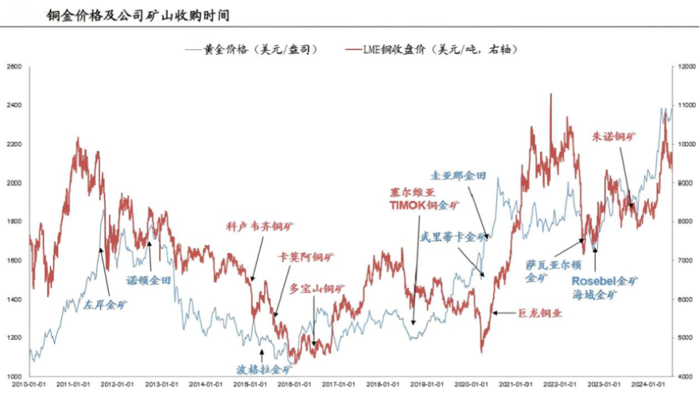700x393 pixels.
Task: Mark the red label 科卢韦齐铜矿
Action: [259, 227]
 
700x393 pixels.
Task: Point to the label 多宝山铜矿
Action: [317, 288]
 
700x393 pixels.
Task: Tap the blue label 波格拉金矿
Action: [262, 370]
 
